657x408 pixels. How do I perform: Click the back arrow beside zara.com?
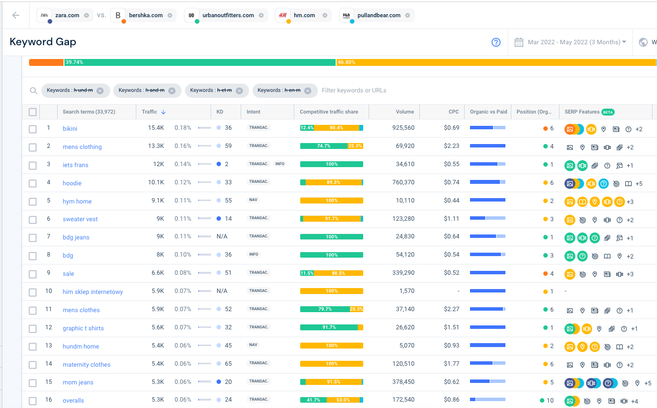16,15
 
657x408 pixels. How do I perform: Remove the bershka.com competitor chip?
170,15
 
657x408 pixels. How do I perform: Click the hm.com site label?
305,15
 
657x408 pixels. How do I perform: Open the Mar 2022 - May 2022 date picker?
570,42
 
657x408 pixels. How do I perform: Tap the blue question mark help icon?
496,42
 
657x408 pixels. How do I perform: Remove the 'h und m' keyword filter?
100,91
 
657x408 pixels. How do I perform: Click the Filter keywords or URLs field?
354,90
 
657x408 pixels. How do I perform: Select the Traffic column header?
149,112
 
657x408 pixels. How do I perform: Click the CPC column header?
453,112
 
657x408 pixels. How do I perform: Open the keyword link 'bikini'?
70,129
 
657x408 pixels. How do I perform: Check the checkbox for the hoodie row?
32,183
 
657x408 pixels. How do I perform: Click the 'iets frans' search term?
75,165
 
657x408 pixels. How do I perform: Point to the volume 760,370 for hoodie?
403,182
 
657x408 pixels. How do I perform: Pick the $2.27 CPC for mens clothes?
451,309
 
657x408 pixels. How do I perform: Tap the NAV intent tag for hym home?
253,200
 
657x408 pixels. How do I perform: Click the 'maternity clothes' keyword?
87,365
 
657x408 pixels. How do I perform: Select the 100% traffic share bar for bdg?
331,255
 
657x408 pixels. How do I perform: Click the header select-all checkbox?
32,112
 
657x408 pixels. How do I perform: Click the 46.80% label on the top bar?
346,62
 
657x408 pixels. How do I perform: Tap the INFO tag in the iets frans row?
280,164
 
